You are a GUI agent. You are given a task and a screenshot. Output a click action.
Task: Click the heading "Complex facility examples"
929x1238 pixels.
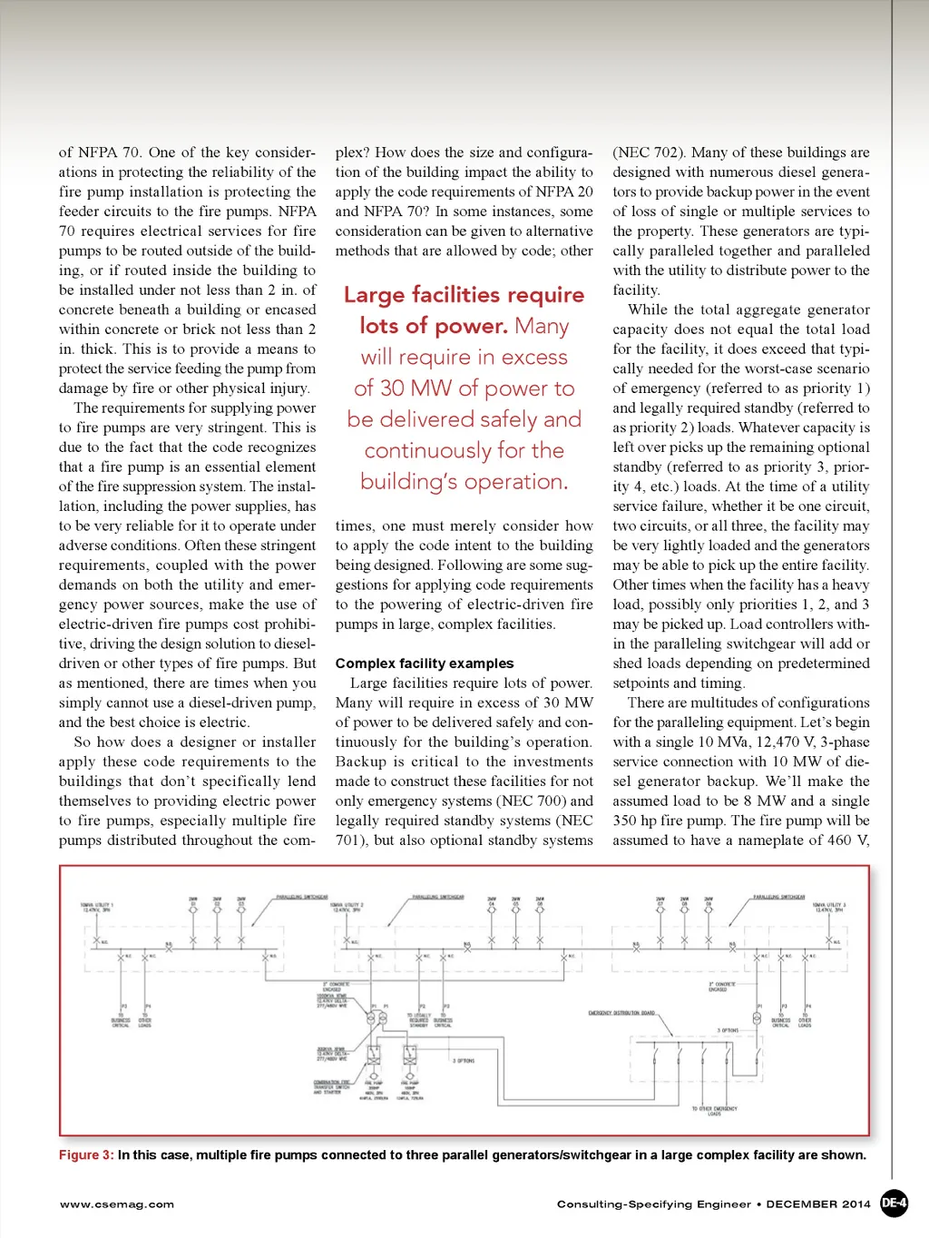424,663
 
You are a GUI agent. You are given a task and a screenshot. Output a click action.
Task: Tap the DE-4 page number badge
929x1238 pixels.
894,1204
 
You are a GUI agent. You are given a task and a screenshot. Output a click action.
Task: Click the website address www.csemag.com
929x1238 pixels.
117,1204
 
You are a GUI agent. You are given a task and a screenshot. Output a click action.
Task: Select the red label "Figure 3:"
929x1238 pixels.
86,1155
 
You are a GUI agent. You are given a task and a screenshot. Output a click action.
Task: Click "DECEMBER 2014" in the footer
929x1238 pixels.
818,1204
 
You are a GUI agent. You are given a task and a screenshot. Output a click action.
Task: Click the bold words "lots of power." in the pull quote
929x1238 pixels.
434,326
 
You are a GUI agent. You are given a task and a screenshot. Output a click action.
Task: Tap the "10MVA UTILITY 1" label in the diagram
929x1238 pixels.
96,907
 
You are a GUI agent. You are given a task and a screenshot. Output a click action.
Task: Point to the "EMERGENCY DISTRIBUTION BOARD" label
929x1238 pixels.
621,1013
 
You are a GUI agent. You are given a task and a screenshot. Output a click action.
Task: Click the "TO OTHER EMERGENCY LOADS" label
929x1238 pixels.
714,1111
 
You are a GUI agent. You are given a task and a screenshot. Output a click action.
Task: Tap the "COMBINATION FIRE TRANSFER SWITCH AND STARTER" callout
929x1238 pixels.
332,1086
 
